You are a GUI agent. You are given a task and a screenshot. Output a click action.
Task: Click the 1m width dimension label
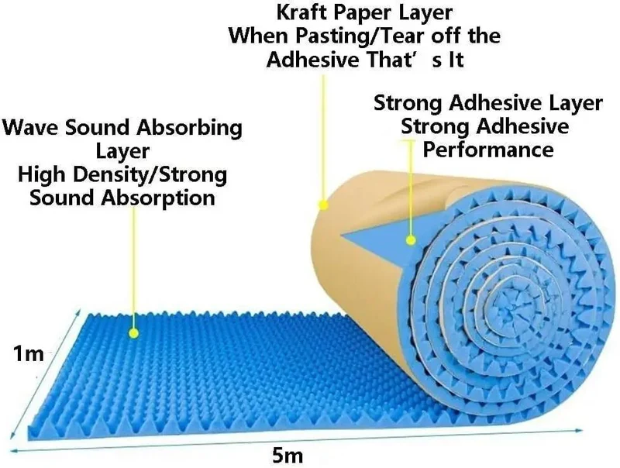coord(29,353)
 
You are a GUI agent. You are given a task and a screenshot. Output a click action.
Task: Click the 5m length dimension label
coord(288,456)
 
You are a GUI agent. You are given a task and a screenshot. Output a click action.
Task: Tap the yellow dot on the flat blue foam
coord(133,333)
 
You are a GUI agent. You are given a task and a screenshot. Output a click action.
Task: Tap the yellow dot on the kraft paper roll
coord(323,205)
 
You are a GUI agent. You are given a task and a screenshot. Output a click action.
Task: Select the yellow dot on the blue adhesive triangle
coord(411,239)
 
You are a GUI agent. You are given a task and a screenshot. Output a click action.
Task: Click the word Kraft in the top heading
coord(302,12)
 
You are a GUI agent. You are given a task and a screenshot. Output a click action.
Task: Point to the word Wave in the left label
coord(33,128)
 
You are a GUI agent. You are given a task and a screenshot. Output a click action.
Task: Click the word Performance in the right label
coord(488,150)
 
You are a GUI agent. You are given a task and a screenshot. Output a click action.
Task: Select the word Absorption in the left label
coord(158,198)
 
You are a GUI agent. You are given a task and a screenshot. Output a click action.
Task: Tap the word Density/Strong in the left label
coord(150,174)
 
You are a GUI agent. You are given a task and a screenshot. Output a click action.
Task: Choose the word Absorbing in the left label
coord(188,129)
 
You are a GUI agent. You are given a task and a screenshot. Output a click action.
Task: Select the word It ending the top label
coord(456,60)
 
